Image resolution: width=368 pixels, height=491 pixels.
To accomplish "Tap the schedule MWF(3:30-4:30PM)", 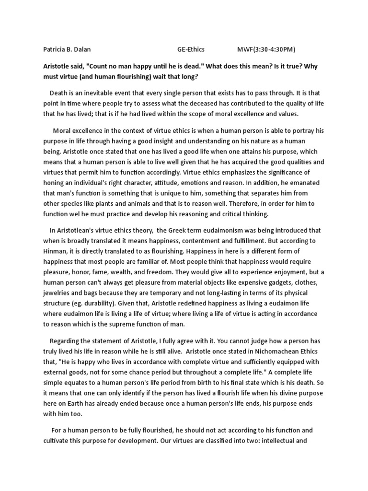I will (x=266, y=49).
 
